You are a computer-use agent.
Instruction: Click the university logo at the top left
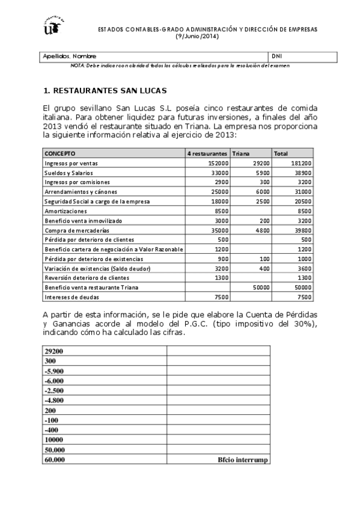point(53,26)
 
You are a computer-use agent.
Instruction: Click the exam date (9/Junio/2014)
point(197,35)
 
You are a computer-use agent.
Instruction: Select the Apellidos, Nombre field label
point(69,56)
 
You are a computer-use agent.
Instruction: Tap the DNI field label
point(277,56)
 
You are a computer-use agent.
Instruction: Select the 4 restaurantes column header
point(207,153)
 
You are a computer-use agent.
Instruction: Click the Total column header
point(281,153)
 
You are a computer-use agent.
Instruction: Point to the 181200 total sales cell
point(301,163)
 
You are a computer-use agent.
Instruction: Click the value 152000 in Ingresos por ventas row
point(218,163)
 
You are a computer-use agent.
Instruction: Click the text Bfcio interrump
point(243,459)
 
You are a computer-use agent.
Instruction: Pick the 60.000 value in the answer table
point(55,459)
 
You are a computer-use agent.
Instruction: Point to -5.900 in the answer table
point(54,371)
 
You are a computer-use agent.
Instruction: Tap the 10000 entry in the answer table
point(54,440)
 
